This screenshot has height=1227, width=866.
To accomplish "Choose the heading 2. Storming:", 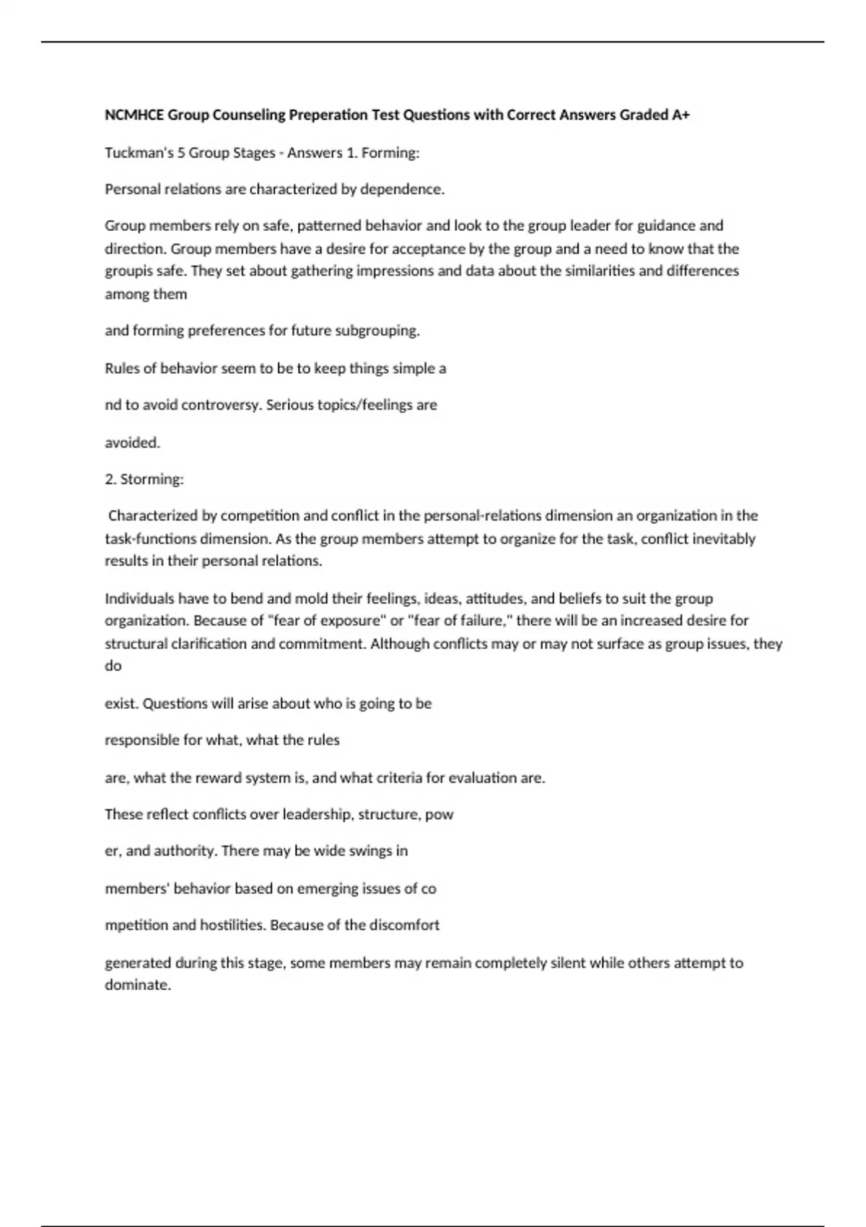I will click(x=144, y=479).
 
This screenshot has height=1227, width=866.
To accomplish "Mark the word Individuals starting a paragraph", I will click(x=139, y=598).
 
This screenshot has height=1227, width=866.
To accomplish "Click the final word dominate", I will click(x=137, y=985).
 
